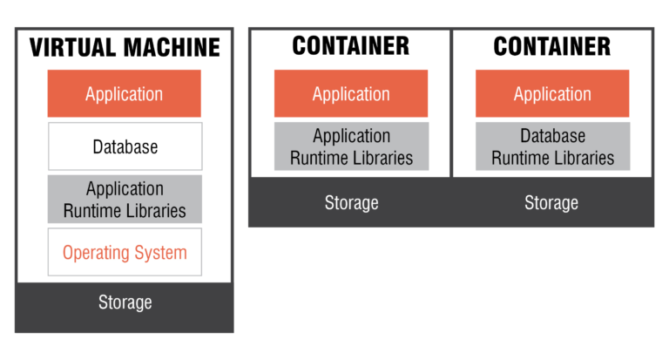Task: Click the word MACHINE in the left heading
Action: pyautogui.click(x=171, y=47)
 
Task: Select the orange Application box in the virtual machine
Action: pyautogui.click(x=124, y=94)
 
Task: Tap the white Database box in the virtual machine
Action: pyautogui.click(x=125, y=146)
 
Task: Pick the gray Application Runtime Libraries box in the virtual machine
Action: pyautogui.click(x=125, y=200)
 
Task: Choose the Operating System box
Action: pyautogui.click(x=125, y=253)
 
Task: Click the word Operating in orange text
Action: pyautogui.click(x=95, y=254)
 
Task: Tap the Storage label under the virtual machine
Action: pyautogui.click(x=125, y=303)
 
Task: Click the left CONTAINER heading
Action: pyautogui.click(x=351, y=46)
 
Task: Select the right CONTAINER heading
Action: pyautogui.click(x=552, y=46)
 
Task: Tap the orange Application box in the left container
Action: pyautogui.click(x=351, y=94)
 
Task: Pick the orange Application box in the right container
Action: pyautogui.click(x=552, y=94)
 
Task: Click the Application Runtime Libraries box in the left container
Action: pyautogui.click(x=351, y=146)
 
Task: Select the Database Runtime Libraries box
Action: pyautogui.click(x=552, y=146)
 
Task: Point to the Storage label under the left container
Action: pyautogui.click(x=351, y=203)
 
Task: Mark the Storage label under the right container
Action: pyautogui.click(x=551, y=203)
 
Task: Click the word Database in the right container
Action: pyautogui.click(x=552, y=137)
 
